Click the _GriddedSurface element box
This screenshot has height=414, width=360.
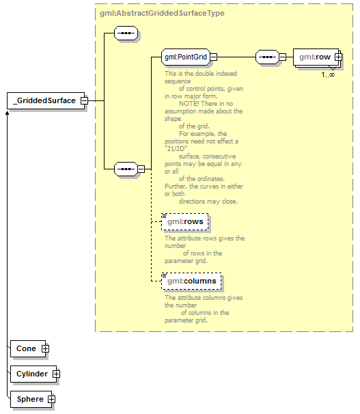(x=46, y=100)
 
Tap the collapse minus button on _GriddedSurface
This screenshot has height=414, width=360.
(x=85, y=100)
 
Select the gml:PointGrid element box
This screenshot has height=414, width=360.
(x=186, y=57)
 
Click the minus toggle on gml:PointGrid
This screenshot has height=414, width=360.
(x=214, y=57)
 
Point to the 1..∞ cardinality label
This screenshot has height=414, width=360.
(x=328, y=74)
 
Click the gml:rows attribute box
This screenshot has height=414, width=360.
(x=185, y=221)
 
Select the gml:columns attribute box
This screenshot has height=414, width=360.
(x=191, y=281)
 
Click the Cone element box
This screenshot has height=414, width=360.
(x=28, y=348)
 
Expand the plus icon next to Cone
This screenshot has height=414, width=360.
(x=45, y=348)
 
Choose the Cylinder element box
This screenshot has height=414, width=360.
(x=33, y=374)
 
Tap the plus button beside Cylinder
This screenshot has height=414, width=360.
(x=56, y=374)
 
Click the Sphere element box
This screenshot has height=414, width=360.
(x=31, y=399)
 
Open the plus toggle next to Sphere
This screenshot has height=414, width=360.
(x=51, y=399)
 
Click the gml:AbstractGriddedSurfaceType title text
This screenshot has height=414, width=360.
(x=162, y=13)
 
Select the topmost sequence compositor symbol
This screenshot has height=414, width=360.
(x=126, y=33)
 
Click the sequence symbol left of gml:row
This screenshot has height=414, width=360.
(x=267, y=57)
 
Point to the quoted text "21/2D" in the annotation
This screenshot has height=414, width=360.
(x=176, y=149)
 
